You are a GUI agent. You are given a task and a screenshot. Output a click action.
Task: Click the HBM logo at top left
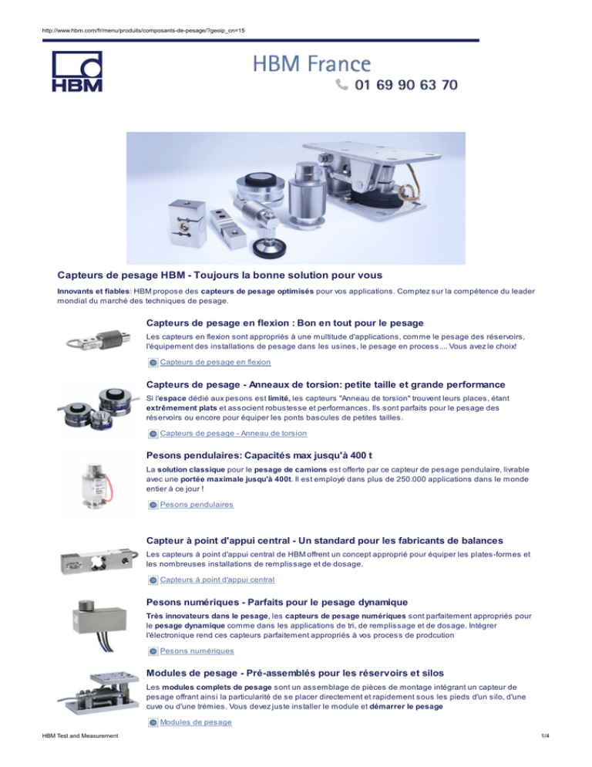77,72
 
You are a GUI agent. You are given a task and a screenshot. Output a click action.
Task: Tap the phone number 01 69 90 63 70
406,85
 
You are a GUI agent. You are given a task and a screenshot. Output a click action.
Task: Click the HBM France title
312,64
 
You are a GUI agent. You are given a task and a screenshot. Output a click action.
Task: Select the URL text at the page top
143,30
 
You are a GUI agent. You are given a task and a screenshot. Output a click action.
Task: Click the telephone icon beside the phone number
341,85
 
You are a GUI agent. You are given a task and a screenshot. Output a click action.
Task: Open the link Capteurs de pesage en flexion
215,363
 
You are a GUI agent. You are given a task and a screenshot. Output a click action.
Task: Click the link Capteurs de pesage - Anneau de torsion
234,434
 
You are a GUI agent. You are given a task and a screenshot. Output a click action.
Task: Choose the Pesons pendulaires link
197,505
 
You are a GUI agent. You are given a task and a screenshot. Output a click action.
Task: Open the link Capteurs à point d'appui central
217,579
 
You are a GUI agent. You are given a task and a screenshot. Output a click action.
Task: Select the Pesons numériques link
197,651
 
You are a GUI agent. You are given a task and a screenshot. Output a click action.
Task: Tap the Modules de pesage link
196,722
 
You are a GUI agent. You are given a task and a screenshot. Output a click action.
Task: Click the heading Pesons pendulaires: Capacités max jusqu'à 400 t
259,455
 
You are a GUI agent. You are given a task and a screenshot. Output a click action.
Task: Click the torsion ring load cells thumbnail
95,409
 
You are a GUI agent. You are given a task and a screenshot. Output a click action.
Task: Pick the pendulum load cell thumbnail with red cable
98,485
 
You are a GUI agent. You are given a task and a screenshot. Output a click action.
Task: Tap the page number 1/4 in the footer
545,735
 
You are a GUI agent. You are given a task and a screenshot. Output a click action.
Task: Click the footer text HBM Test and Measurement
80,735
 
